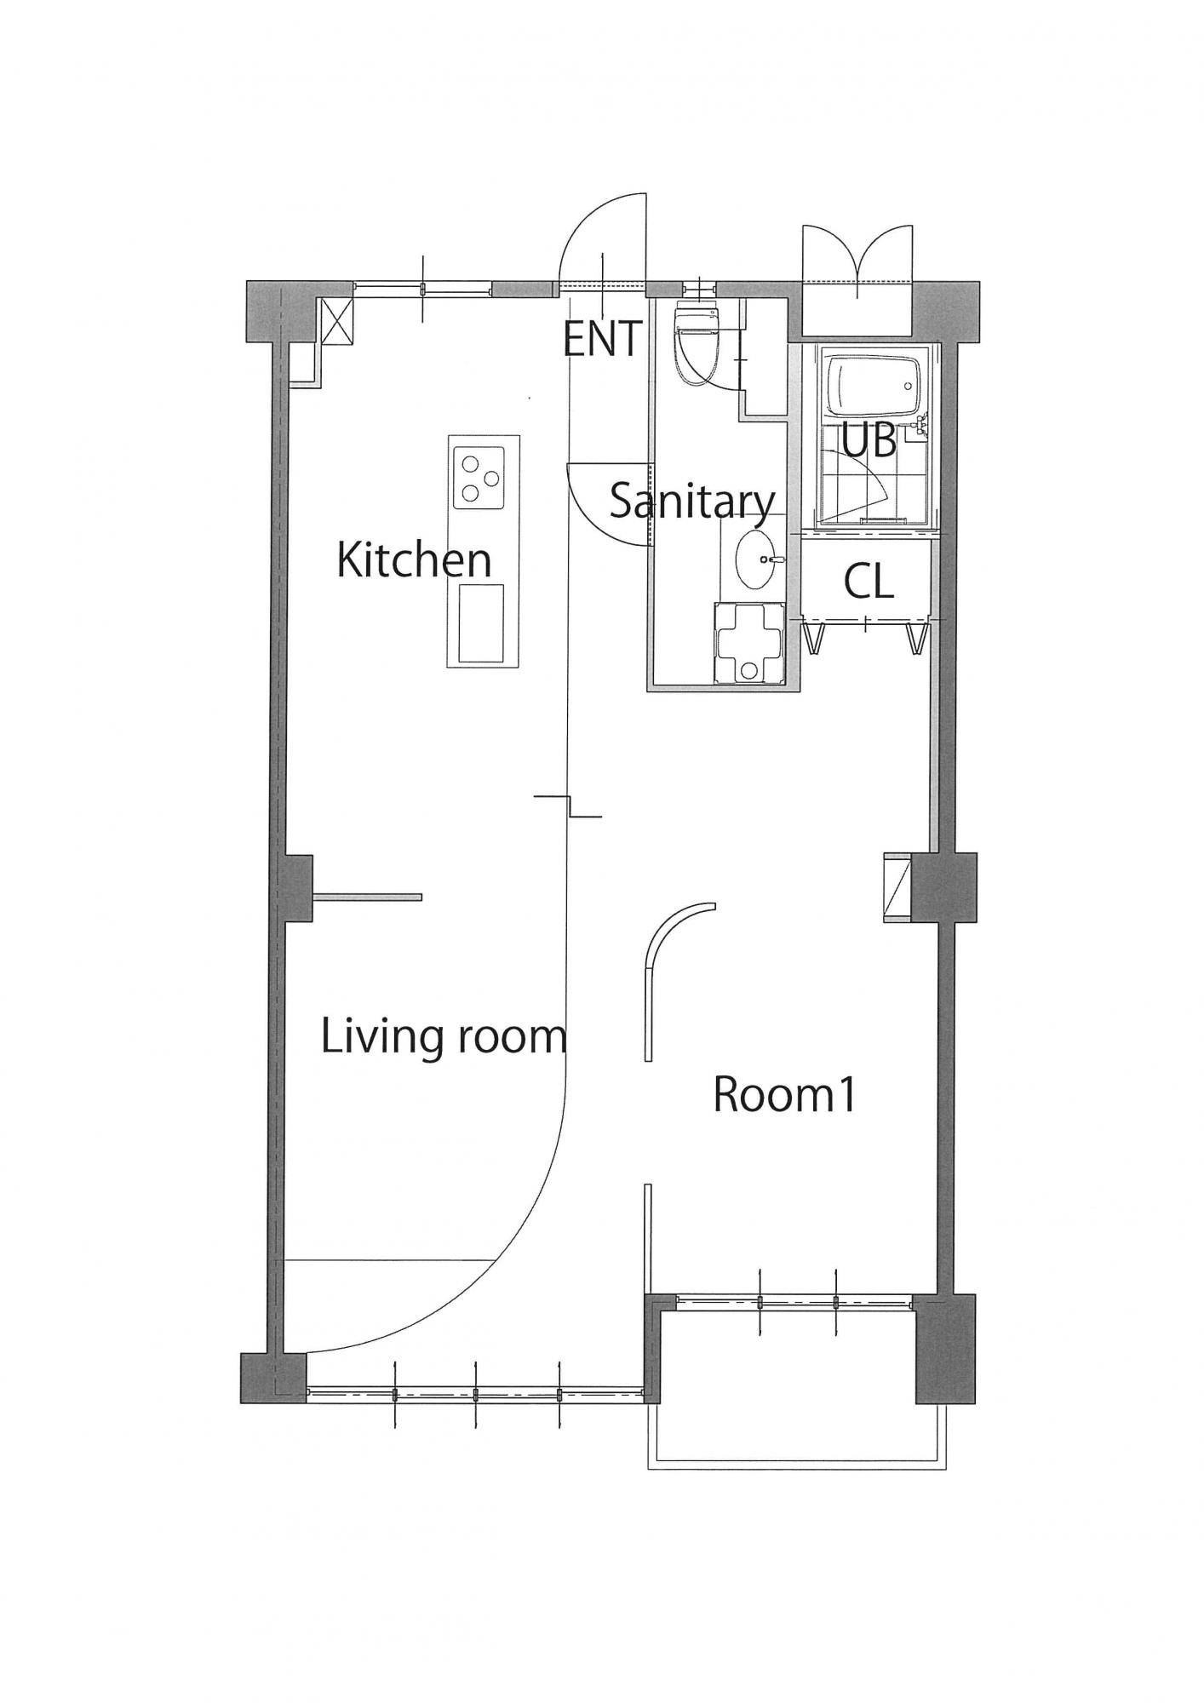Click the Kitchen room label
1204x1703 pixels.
coord(414,559)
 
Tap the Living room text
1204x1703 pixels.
coord(444,1036)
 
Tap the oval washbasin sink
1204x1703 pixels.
coord(756,559)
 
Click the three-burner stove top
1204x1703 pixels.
coord(476,478)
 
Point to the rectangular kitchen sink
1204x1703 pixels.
coord(481,623)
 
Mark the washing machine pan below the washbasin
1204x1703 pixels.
coord(746,642)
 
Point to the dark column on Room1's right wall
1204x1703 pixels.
coord(943,886)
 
